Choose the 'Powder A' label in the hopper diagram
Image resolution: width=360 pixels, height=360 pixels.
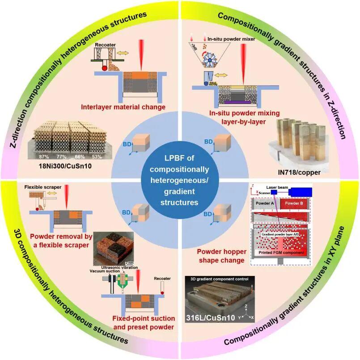pos(264,203)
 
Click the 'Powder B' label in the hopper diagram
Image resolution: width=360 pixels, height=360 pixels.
pos(294,203)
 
